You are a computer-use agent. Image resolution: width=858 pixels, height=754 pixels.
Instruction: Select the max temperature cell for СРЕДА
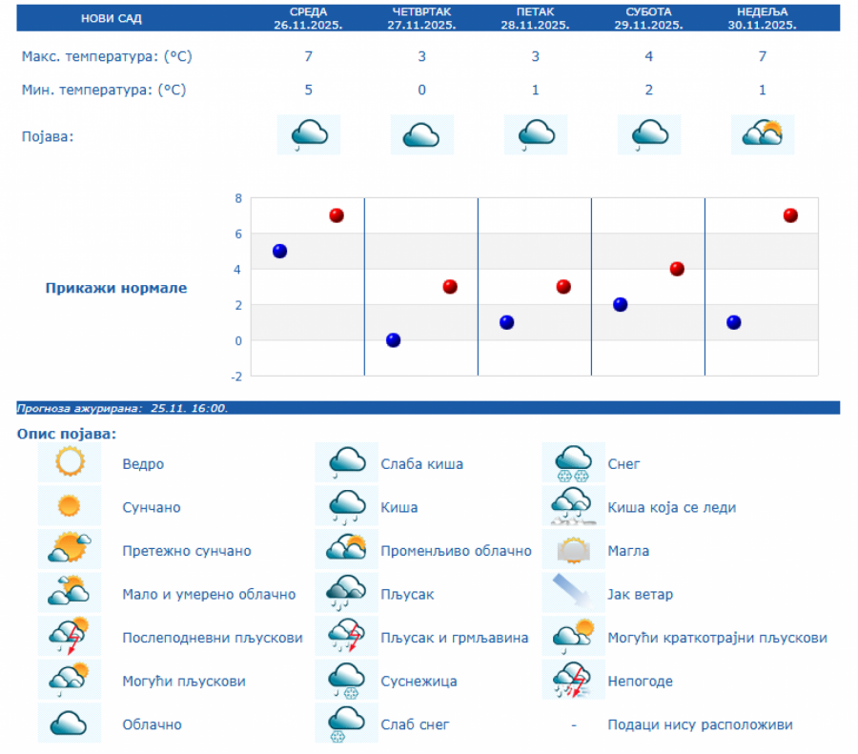click(x=308, y=56)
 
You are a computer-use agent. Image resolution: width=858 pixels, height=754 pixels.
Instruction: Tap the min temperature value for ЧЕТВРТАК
click(x=421, y=90)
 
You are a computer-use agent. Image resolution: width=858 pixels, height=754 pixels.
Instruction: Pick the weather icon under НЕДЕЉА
click(x=763, y=134)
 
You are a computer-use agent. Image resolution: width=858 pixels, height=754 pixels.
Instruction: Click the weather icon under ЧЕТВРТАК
click(x=421, y=134)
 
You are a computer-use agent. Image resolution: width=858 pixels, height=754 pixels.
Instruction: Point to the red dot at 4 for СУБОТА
click(x=677, y=269)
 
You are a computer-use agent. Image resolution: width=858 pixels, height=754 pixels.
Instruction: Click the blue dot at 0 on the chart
click(x=393, y=340)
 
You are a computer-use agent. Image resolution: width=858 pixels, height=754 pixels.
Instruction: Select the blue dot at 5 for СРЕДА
click(x=279, y=251)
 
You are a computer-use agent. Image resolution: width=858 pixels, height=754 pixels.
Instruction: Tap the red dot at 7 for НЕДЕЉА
click(x=790, y=215)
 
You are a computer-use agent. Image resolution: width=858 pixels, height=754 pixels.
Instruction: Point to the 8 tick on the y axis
click(x=238, y=198)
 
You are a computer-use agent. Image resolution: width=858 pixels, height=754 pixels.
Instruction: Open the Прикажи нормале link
click(x=116, y=288)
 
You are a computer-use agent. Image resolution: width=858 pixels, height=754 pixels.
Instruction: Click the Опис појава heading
click(x=66, y=435)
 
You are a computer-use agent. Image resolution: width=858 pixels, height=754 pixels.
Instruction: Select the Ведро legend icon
click(x=70, y=463)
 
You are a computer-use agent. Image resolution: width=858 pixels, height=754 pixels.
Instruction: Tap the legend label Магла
click(x=628, y=551)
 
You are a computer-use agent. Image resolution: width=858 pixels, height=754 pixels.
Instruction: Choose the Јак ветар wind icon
click(x=574, y=594)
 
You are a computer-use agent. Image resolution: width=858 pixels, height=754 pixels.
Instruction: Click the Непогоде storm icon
click(x=574, y=681)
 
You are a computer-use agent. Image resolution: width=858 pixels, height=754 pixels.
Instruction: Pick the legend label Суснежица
click(x=419, y=682)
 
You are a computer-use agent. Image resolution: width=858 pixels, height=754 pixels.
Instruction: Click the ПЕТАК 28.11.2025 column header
click(x=535, y=18)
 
